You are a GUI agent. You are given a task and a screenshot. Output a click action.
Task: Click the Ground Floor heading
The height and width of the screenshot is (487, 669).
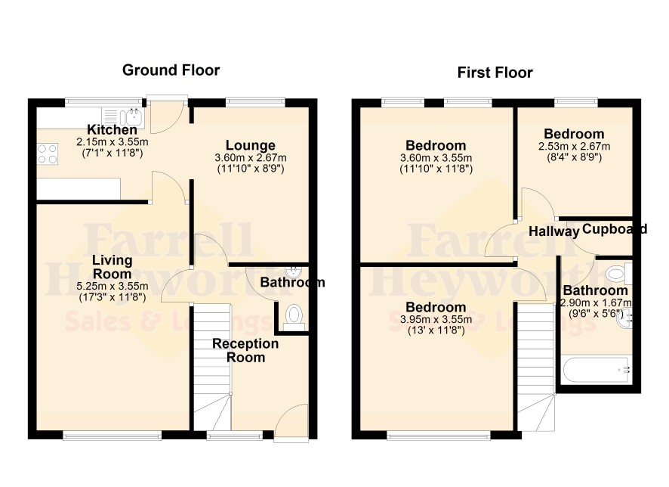tap(171, 70)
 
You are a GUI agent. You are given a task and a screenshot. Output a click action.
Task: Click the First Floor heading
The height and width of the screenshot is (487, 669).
tap(495, 73)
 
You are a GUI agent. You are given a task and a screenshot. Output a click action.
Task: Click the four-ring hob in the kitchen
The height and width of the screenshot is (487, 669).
tap(48, 154)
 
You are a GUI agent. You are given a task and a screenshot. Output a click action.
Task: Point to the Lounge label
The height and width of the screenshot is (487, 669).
tap(251, 145)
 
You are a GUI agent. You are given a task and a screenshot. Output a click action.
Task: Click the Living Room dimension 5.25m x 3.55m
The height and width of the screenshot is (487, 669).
tap(113, 286)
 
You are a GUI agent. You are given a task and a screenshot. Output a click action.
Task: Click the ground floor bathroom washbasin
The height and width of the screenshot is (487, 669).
tap(293, 271)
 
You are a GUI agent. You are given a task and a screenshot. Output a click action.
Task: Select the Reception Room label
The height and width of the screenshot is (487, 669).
tap(245, 350)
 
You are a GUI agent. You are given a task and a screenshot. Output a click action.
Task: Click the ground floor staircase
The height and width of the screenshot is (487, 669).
tap(212, 367)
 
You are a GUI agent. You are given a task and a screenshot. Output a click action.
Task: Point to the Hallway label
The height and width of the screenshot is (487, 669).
tap(553, 231)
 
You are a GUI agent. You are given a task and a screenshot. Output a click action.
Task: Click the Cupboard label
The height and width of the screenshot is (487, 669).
tap(615, 229)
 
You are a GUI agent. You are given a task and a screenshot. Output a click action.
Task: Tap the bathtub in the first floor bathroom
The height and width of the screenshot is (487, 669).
tap(596, 370)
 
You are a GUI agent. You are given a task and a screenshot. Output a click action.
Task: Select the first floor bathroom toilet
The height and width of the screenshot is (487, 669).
tap(618, 274)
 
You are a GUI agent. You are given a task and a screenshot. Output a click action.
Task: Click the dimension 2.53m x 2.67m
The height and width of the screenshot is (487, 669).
tap(575, 147)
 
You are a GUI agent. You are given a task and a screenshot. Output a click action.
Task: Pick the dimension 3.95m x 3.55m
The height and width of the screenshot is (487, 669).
tap(436, 320)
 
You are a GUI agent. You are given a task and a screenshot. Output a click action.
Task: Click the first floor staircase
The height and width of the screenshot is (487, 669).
tap(536, 367)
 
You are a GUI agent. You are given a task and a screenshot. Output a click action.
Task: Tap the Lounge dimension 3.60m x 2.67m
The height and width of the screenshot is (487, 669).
tap(251, 157)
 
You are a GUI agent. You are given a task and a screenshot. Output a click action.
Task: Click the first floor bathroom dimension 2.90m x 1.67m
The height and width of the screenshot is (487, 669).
tap(596, 303)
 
